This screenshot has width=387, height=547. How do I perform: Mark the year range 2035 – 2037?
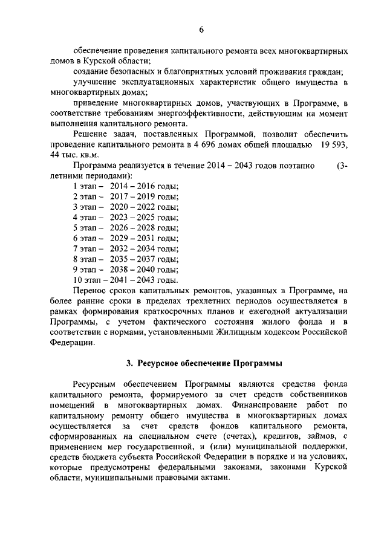click(x=132, y=258)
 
